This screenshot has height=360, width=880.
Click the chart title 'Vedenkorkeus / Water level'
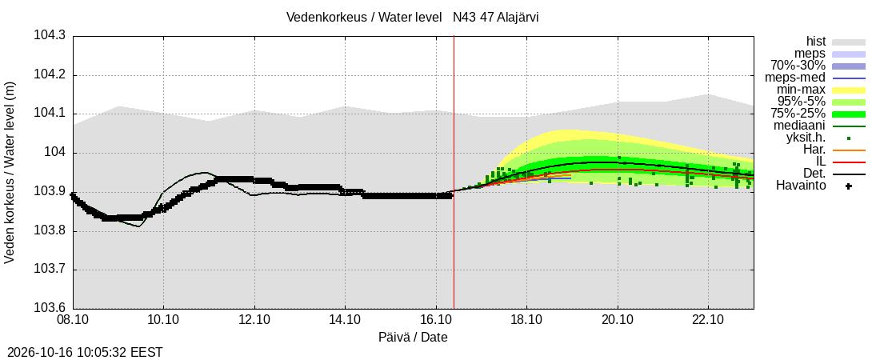click(x=364, y=17)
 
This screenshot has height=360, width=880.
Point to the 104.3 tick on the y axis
click(x=50, y=36)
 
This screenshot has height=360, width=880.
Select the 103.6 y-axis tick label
click(x=50, y=308)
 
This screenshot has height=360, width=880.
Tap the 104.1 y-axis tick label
click(x=50, y=114)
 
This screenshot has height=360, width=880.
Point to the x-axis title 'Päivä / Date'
click(x=413, y=338)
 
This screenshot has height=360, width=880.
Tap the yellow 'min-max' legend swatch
click(x=849, y=90)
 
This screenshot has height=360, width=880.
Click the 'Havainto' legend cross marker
click(x=849, y=186)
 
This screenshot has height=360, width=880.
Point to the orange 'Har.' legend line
click(x=849, y=150)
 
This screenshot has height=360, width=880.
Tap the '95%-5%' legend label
click(x=802, y=102)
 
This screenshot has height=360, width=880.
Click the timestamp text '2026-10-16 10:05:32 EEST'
click(x=82, y=353)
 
